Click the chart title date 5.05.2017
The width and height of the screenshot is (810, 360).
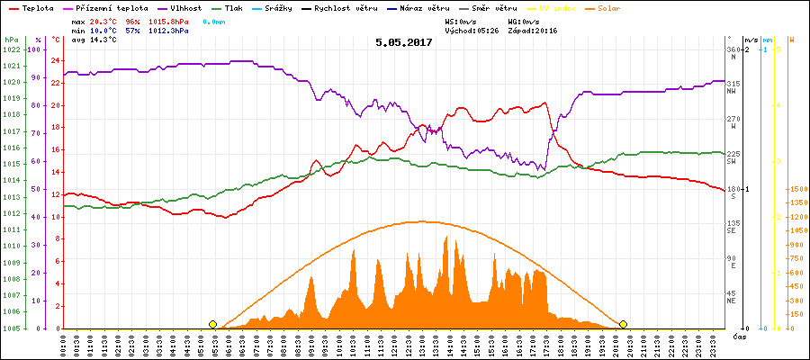(x=404, y=42)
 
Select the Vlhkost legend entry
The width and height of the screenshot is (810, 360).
(x=184, y=6)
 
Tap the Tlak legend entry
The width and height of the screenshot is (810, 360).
(x=235, y=6)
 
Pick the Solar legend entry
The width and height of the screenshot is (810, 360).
(x=622, y=6)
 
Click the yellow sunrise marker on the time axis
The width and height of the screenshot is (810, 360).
(x=212, y=324)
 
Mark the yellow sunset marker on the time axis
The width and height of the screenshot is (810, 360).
(x=623, y=324)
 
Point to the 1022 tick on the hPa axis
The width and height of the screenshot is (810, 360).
(x=11, y=49)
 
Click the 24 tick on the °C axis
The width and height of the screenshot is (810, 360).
(x=55, y=61)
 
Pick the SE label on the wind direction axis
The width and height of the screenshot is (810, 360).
(x=733, y=231)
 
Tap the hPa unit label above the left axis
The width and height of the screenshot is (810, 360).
(x=10, y=40)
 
